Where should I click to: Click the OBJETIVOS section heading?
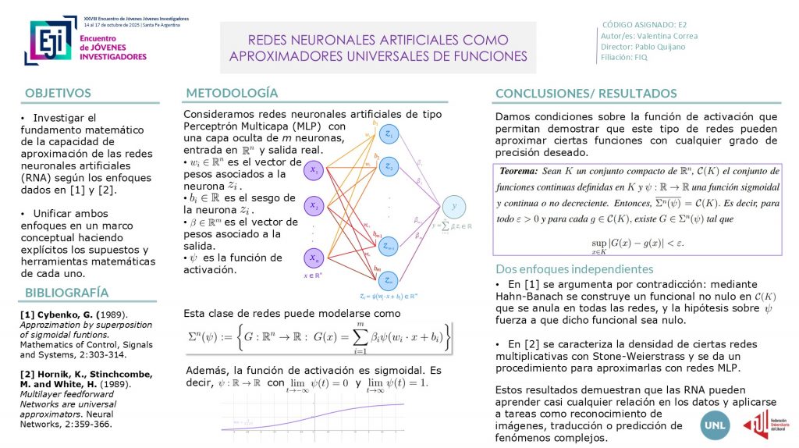tap(59, 92)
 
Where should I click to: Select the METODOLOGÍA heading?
tap(232, 93)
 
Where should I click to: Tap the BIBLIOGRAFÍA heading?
tap(66, 293)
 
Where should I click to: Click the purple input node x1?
tap(314, 170)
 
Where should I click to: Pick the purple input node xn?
tap(314, 258)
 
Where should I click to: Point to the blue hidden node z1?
tap(389, 135)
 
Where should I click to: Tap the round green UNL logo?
tap(695, 424)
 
